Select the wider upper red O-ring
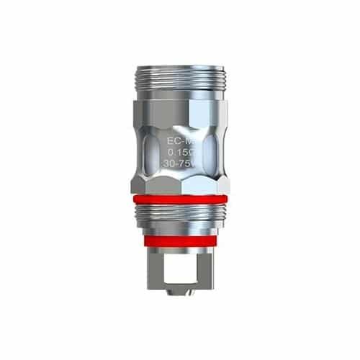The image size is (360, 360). coord(180,199)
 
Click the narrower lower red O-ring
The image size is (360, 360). coord(180,241)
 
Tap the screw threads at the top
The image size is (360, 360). coord(180,77)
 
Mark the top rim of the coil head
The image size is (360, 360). coord(180,66)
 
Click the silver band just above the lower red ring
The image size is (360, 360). coord(180,231)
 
